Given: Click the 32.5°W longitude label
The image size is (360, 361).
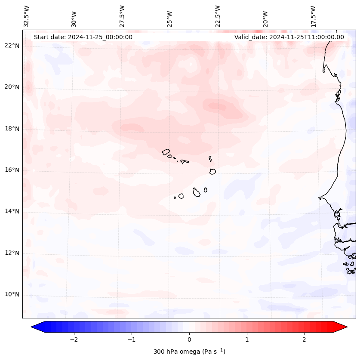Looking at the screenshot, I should [27, 16].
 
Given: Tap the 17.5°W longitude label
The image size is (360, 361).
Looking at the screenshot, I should [314, 16].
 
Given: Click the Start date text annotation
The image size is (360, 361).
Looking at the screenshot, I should [83, 37].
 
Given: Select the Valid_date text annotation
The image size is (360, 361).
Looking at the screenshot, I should [289, 37].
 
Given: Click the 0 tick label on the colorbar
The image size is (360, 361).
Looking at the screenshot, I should [189, 339].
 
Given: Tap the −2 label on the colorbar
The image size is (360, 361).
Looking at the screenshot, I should [74, 339].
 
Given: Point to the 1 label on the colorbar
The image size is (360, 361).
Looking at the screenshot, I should [247, 339].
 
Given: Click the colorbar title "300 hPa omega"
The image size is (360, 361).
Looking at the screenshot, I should [189, 352].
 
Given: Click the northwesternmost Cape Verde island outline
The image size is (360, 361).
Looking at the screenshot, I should [166, 151].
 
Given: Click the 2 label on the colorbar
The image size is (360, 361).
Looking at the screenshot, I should [305, 339].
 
